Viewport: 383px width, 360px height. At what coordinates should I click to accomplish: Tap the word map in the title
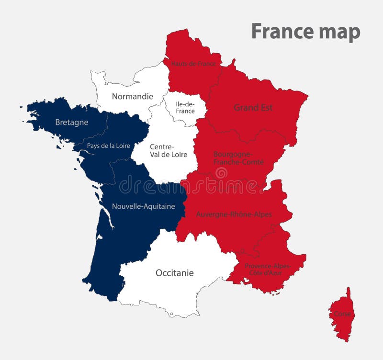tap(338, 33)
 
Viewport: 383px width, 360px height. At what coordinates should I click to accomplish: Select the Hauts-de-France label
tap(193, 63)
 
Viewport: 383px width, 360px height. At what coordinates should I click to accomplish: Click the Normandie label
tap(133, 96)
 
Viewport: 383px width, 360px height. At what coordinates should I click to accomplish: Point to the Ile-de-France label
tap(185, 108)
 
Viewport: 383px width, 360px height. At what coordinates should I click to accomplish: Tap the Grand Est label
tap(253, 108)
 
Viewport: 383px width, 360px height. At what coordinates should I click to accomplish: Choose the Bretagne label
tap(72, 122)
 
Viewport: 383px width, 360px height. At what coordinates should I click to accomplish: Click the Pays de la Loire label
tap(108, 146)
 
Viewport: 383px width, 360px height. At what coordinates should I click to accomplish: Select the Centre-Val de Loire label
tap(162, 150)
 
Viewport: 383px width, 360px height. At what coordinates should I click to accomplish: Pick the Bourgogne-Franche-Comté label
tap(238, 158)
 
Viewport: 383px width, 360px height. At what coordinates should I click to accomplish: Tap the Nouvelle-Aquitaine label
tap(143, 206)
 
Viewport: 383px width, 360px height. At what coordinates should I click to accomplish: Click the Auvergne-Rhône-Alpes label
tap(234, 214)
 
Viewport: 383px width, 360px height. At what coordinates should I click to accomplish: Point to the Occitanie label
tap(175, 273)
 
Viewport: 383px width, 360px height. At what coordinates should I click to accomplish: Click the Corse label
tap(342, 314)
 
